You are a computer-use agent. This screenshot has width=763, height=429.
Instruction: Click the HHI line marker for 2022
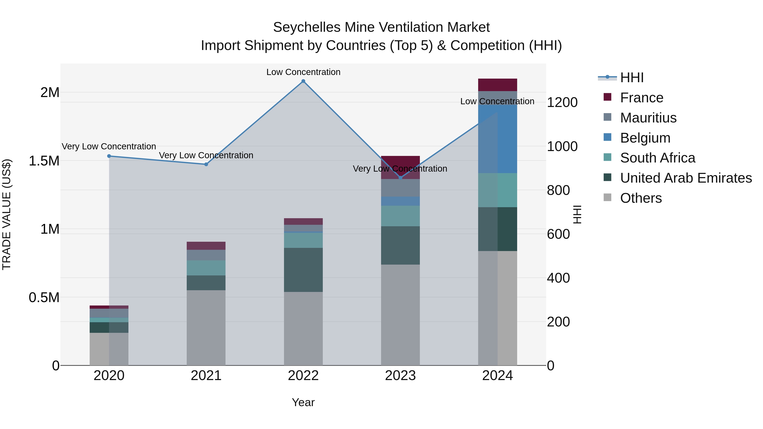point(303,81)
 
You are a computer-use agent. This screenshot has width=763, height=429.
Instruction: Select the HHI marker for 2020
point(109,156)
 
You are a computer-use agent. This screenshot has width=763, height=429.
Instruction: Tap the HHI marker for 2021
point(206,164)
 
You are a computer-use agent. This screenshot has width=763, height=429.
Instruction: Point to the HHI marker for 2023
point(400,178)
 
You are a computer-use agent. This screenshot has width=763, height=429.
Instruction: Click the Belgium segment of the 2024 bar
point(498,139)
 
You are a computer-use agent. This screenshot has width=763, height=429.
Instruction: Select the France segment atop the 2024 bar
point(498,85)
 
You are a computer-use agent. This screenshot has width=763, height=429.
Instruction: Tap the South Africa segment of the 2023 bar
point(400,216)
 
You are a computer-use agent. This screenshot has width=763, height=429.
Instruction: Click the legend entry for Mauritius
point(648,118)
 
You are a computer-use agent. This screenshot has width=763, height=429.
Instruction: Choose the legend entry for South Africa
point(657,158)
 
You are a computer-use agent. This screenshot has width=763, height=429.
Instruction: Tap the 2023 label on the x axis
point(400,376)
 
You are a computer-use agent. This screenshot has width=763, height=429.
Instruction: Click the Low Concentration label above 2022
point(303,72)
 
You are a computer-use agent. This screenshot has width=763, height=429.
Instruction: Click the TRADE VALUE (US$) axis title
point(7,214)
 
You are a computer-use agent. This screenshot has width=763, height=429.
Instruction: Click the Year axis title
point(303,402)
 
